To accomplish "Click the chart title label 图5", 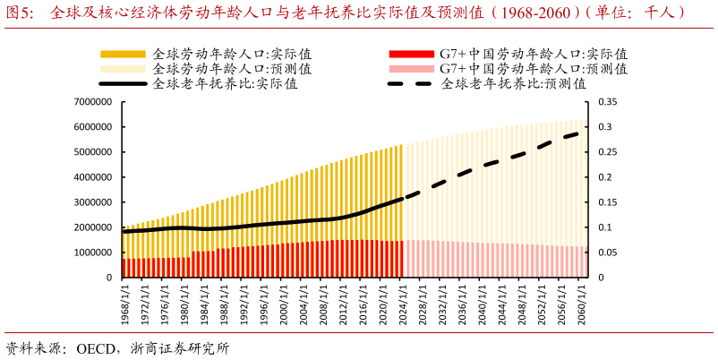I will point(21,13).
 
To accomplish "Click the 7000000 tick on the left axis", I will point(92,102).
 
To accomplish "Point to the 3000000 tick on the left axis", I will point(92,202).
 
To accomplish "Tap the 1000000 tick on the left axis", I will point(92,253).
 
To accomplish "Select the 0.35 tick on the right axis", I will point(607,102).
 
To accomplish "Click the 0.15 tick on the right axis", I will point(607,202).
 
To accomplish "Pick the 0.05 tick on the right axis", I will point(607,253).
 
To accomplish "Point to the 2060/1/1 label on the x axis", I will point(581,303).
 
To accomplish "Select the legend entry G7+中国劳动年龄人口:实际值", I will point(533,54).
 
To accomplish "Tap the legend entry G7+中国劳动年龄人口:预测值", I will point(533,69).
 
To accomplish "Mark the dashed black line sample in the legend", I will point(410,84).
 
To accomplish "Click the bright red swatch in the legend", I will point(410,54).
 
